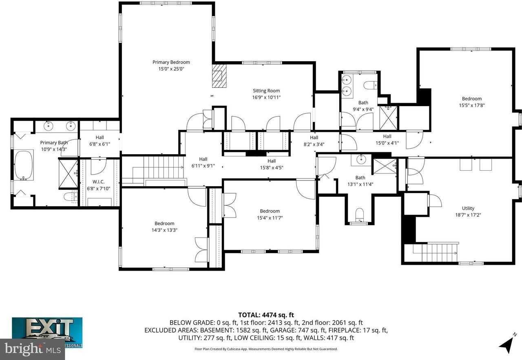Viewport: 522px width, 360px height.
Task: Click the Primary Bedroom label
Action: click(x=171, y=62)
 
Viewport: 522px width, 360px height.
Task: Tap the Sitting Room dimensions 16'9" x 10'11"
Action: click(x=266, y=97)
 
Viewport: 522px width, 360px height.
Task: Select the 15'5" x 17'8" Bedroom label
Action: click(x=471, y=98)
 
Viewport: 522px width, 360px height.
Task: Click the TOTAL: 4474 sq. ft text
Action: click(x=266, y=315)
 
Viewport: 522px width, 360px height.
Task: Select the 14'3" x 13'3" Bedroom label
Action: click(x=164, y=223)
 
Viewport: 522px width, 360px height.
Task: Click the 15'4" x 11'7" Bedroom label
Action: click(x=270, y=211)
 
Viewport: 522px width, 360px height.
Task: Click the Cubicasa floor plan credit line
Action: click(x=266, y=349)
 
